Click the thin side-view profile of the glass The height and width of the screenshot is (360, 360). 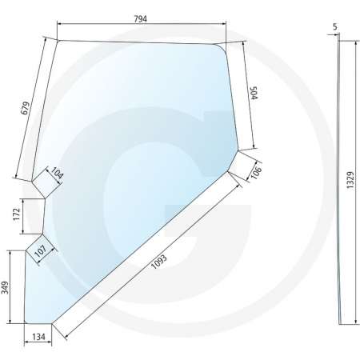(342, 184)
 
